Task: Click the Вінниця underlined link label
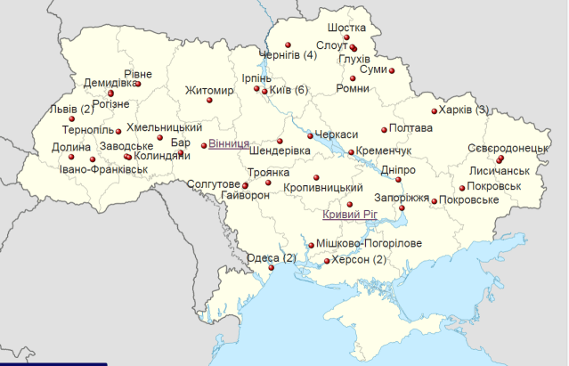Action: coord(229,143)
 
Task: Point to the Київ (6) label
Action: coord(288,90)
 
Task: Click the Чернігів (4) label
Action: coord(287,55)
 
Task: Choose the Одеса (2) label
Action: coord(271,258)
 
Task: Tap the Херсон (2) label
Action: coord(359,260)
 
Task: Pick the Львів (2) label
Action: coord(71,110)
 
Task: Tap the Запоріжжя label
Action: coord(402,198)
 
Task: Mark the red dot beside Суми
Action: coord(391,70)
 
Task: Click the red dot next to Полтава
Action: coord(384,128)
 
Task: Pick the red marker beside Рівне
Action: coord(138,85)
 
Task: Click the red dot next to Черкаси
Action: coord(310,134)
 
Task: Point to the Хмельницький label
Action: coord(164,127)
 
